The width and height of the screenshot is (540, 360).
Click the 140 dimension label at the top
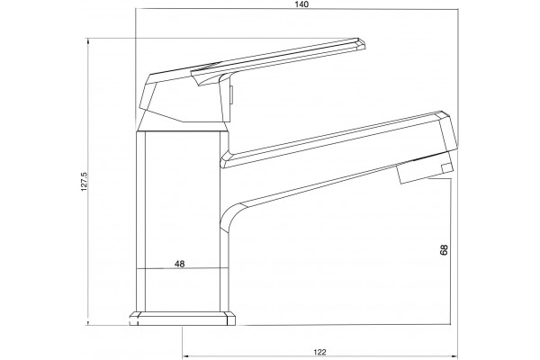[x=301, y=4]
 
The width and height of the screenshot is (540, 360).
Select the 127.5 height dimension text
[x=85, y=182]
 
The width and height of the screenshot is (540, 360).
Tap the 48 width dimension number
[x=179, y=264]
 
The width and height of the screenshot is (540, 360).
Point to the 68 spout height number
[x=444, y=249]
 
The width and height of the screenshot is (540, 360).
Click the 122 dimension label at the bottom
[x=319, y=352]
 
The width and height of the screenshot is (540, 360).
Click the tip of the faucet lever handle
[x=364, y=46]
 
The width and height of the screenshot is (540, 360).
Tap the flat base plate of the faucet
[x=183, y=319]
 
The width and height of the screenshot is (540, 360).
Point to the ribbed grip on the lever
[x=205, y=67]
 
